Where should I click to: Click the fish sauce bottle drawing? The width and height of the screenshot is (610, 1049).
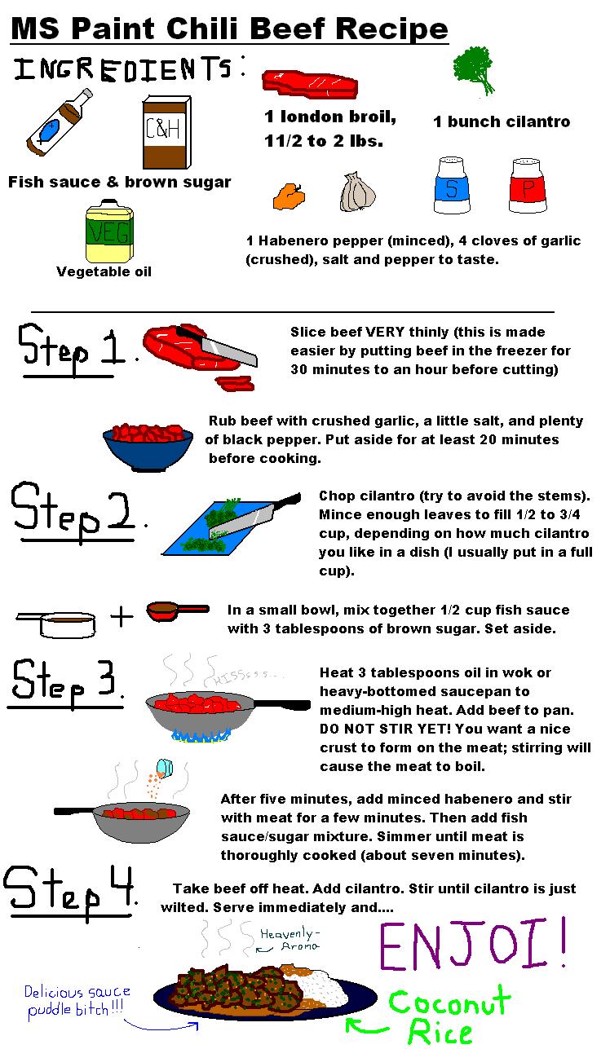click(x=59, y=123)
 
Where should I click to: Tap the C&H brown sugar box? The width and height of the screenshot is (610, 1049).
click(x=167, y=132)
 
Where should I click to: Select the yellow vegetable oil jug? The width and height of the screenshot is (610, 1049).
click(x=109, y=231)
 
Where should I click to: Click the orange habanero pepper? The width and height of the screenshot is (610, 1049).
click(x=289, y=196)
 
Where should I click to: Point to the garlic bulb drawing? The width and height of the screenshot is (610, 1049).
click(x=357, y=192)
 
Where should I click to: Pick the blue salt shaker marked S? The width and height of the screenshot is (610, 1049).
click(x=452, y=185)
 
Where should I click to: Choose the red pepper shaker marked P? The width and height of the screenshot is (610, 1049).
click(x=528, y=186)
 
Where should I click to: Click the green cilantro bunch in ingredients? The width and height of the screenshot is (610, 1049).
click(x=474, y=70)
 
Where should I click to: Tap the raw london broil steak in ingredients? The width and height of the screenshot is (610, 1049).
click(x=310, y=85)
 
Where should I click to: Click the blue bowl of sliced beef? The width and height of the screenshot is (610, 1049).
click(x=148, y=447)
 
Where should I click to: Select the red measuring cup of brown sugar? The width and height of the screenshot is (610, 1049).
click(x=177, y=610)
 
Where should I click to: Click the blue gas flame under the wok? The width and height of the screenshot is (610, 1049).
click(x=201, y=736)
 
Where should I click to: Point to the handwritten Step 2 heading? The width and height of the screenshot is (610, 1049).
click(x=74, y=513)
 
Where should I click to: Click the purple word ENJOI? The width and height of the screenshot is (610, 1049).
click(x=472, y=944)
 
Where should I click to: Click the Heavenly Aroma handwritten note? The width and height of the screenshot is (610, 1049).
click(x=289, y=940)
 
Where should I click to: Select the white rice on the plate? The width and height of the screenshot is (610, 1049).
click(x=323, y=988)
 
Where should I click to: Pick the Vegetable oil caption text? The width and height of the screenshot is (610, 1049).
click(x=104, y=271)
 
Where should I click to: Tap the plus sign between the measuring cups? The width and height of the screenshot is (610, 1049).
click(x=122, y=616)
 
